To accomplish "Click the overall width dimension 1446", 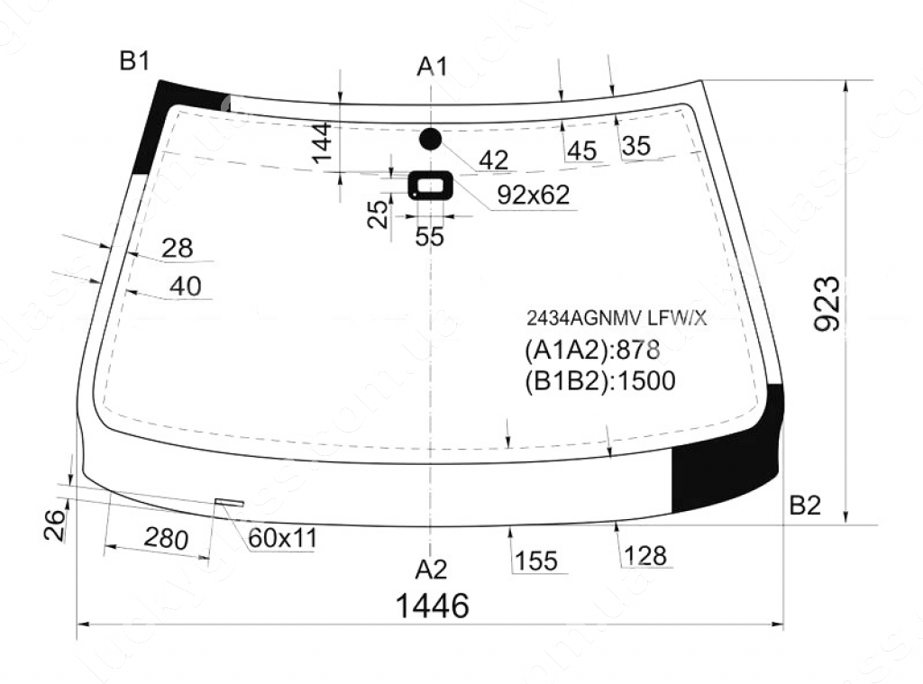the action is (433, 606).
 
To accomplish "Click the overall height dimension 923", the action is (827, 304).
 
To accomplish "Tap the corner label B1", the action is (135, 60).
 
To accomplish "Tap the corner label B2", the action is (805, 505).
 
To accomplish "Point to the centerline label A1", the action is (432, 67).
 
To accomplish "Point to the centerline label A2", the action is (431, 570).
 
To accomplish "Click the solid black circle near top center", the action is (430, 140).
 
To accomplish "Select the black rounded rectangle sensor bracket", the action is (431, 186).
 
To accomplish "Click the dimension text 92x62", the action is (534, 195).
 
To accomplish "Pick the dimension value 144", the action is (322, 143).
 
